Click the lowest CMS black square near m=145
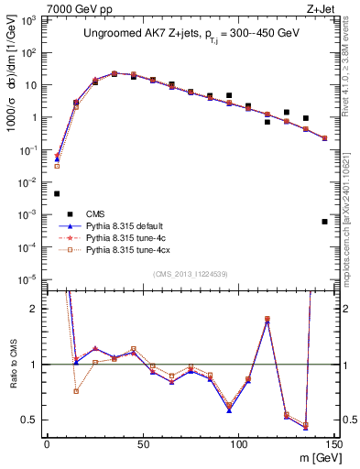point(324,222)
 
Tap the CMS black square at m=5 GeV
point(57,193)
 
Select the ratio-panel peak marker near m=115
point(267,320)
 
